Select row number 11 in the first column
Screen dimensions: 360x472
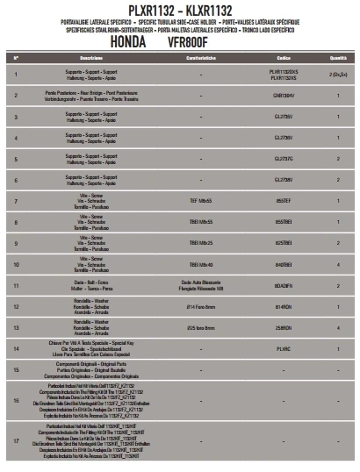click(17, 285)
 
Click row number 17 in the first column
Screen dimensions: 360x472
click(17, 440)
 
